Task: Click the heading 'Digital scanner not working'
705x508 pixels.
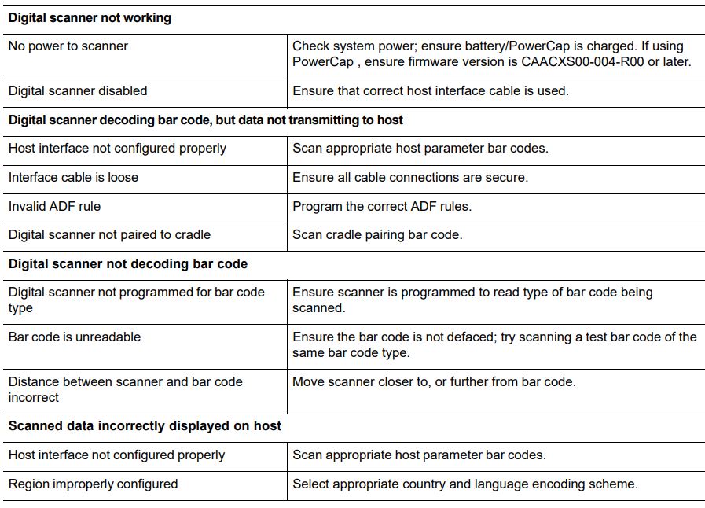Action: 90,18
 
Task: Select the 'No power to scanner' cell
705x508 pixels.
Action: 68,46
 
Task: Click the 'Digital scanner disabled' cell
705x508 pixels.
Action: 78,91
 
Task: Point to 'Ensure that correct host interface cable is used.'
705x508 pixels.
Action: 430,91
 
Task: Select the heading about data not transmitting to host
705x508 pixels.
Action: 205,120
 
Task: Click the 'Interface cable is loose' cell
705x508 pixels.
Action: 73,178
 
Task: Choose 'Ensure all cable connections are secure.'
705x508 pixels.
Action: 410,178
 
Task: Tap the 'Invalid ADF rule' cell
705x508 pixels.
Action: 54,207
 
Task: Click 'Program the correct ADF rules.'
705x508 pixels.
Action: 382,207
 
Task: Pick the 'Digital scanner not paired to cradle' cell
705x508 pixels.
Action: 109,235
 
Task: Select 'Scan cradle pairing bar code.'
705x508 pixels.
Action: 377,235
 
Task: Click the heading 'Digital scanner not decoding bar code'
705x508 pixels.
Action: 127,264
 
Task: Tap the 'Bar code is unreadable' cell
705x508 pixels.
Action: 75,337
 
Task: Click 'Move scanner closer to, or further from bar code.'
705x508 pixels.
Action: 434,382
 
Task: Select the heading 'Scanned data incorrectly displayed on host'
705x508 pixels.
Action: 145,426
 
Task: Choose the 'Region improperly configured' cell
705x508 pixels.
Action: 93,484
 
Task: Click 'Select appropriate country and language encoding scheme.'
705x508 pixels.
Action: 464,484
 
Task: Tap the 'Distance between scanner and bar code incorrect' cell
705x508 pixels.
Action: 125,390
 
